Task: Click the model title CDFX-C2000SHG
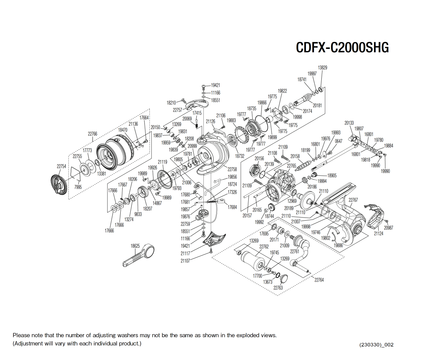pyautogui.click(x=342, y=48)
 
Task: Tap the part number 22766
pyautogui.click(x=92, y=134)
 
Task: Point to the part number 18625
pyautogui.click(x=135, y=246)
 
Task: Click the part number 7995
pyautogui.click(x=78, y=187)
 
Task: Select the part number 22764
pyautogui.click(x=319, y=280)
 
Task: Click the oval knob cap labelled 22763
pyautogui.click(x=283, y=278)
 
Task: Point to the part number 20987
pyautogui.click(x=388, y=228)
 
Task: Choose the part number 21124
pyautogui.click(x=379, y=233)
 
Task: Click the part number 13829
pyautogui.click(x=322, y=67)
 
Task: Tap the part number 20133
pyautogui.click(x=349, y=123)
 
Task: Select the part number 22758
pyautogui.click(x=232, y=169)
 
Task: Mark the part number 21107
pyautogui.click(x=185, y=261)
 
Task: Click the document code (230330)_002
pyautogui.click(x=376, y=345)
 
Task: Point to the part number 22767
pyautogui.click(x=353, y=200)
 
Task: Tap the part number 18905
pyautogui.click(x=332, y=175)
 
